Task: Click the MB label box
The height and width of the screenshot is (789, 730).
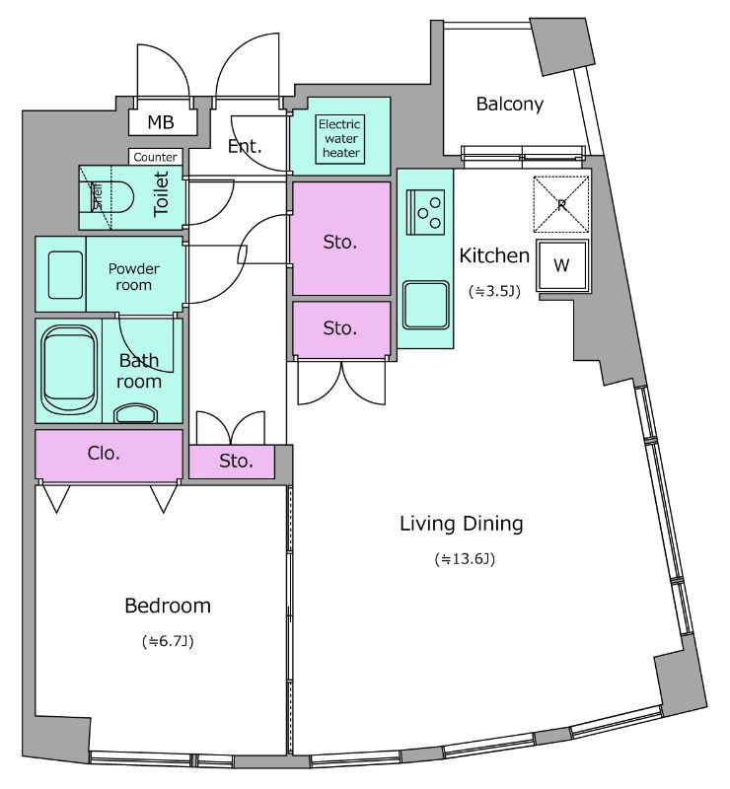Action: [162, 121]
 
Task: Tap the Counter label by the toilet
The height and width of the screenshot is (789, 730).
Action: [155, 157]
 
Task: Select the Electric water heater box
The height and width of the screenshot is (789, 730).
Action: [339, 139]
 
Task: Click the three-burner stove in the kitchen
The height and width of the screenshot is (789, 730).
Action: [425, 212]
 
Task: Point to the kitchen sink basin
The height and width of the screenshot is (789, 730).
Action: [425, 305]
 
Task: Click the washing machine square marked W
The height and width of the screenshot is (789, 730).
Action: [562, 265]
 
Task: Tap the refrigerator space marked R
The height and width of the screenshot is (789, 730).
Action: [561, 204]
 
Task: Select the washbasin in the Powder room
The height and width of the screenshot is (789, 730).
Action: [65, 275]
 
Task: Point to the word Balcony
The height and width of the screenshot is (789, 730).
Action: [510, 105]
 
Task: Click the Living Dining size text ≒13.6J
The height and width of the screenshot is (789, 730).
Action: [465, 558]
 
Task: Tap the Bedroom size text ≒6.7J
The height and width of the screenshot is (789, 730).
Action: [168, 641]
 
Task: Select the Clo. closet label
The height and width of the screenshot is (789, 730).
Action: [104, 454]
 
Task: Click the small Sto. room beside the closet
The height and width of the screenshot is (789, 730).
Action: [232, 462]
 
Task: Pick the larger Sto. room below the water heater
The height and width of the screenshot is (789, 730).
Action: [341, 238]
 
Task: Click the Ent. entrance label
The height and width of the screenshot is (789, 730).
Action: [245, 146]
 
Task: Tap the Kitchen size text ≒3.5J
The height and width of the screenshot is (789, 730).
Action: [494, 291]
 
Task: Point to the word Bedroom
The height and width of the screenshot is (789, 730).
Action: [168, 606]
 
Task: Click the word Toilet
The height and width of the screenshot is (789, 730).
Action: [161, 194]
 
